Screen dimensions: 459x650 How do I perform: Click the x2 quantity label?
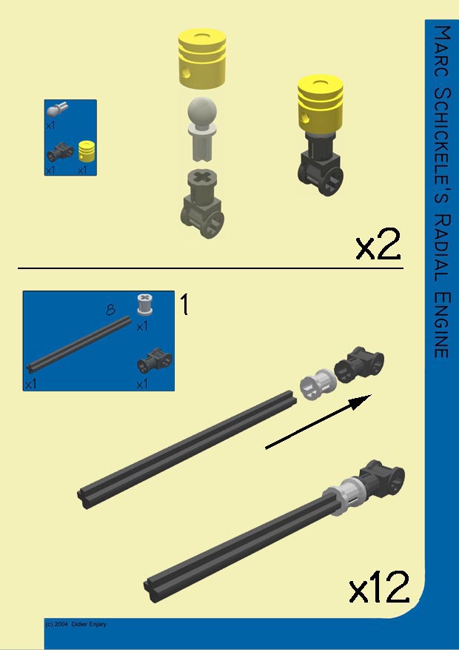coord(378,244)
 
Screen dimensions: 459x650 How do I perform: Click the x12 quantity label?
coord(379,587)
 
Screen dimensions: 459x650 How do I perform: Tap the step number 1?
coord(184,304)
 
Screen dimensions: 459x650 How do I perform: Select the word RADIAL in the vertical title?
coord(441,248)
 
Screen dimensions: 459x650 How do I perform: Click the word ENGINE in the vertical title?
coord(441,325)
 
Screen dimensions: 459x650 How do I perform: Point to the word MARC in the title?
coord(442,51)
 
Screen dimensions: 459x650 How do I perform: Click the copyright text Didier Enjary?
coord(89,624)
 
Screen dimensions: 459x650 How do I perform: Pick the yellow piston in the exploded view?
coord(202,59)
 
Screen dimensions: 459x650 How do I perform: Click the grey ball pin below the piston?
coord(202,129)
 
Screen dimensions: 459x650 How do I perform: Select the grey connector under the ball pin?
coord(202,203)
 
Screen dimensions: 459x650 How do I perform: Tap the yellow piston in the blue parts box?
coord(87,151)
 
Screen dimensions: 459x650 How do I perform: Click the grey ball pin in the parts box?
coord(57,109)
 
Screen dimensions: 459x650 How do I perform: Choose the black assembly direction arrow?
coord(318,422)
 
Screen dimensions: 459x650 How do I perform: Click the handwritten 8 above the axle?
coord(110,310)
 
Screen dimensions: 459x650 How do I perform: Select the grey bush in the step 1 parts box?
coord(144,305)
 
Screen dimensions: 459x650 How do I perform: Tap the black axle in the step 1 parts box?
coord(79,345)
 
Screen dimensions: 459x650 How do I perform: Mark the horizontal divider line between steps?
coord(210,268)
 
